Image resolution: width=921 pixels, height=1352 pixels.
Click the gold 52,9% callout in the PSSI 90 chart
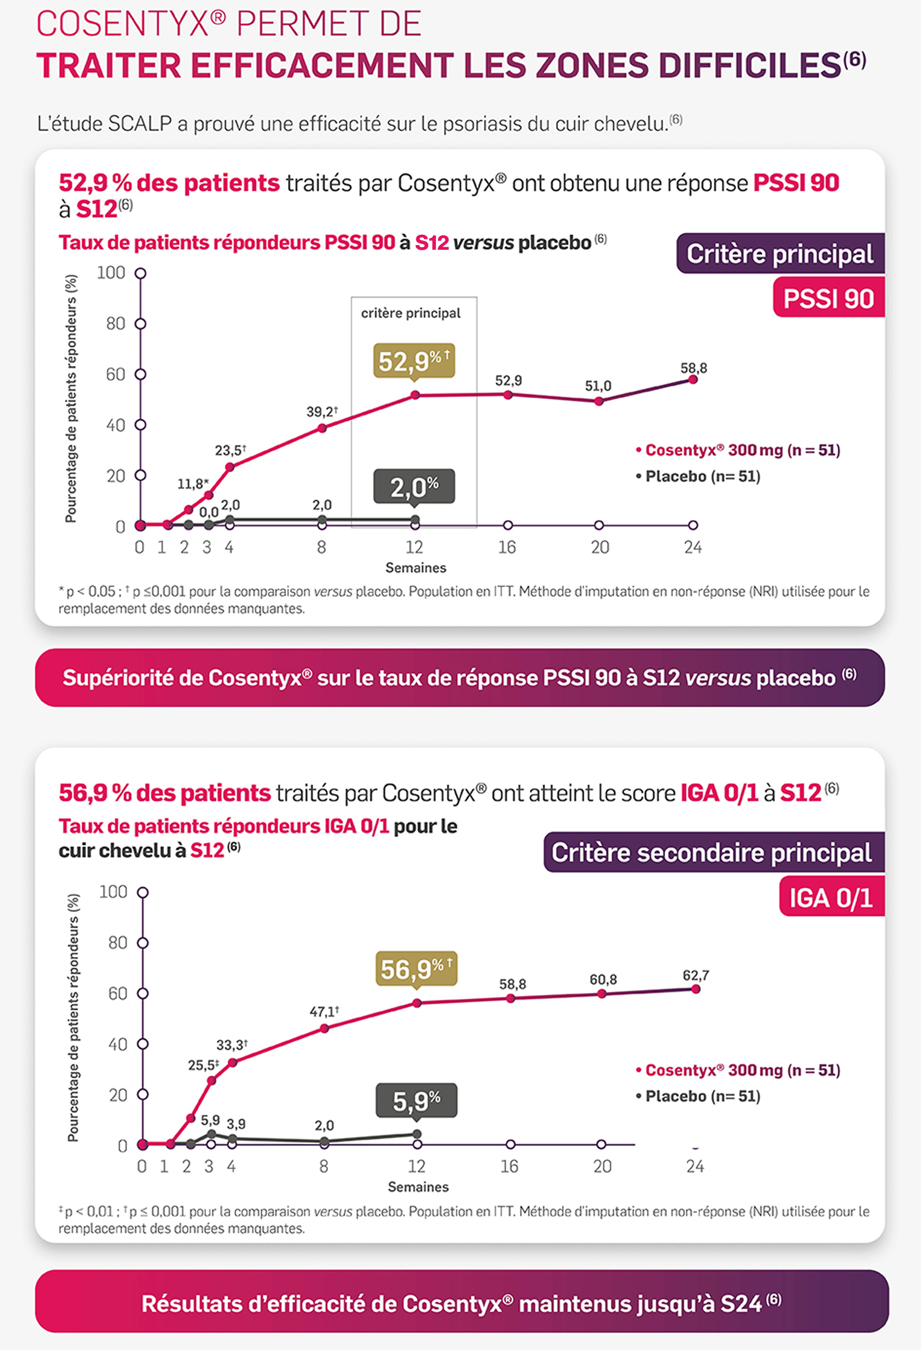pyautogui.click(x=413, y=361)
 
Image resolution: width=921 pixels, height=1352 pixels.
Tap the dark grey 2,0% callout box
pyautogui.click(x=414, y=487)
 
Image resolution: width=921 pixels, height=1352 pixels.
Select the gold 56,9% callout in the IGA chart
pyautogui.click(x=416, y=968)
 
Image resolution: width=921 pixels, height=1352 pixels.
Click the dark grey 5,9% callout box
pyautogui.click(x=416, y=1101)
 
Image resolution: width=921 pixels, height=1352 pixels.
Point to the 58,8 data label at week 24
pyautogui.click(x=694, y=368)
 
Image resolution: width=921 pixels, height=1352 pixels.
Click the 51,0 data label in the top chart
pyautogui.click(x=597, y=386)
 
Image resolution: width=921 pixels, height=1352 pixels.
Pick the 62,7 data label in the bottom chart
pyautogui.click(x=695, y=975)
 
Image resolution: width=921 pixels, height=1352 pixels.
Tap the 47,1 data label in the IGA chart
pyautogui.click(x=324, y=1012)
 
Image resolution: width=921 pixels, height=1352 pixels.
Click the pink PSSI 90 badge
pyautogui.click(x=828, y=298)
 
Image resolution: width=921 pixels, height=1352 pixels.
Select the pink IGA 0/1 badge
pyautogui.click(x=831, y=897)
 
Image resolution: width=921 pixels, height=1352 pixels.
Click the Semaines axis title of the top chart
pyautogui.click(x=415, y=568)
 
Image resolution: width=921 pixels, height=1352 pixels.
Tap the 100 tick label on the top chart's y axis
pyautogui.click(x=110, y=273)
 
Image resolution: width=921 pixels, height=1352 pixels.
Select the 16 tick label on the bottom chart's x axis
pyautogui.click(x=509, y=1166)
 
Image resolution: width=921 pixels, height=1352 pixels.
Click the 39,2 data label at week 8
pyautogui.click(x=321, y=412)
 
